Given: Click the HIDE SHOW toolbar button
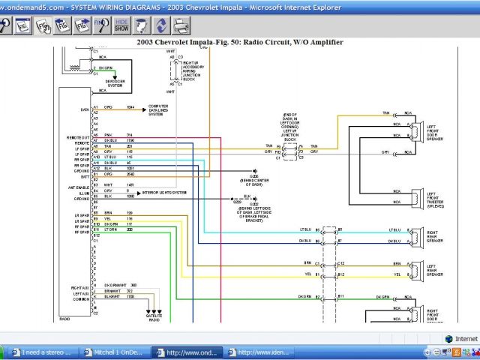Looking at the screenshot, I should (121, 26).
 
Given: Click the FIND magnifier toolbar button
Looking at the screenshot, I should (101, 26).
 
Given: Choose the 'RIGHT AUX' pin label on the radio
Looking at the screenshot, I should (80, 286).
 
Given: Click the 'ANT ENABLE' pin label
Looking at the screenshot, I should (79, 186).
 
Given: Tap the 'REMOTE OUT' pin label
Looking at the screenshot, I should (79, 137).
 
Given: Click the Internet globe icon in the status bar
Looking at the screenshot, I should (449, 339).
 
